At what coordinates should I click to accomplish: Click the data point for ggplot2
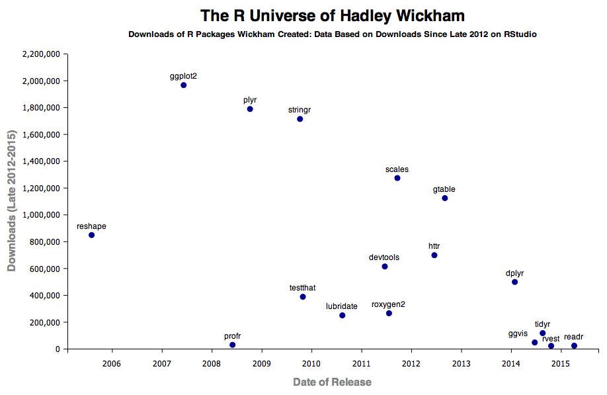(183, 85)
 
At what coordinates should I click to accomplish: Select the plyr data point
(250, 109)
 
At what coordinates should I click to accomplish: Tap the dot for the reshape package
(91, 235)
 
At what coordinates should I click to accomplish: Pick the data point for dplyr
(514, 282)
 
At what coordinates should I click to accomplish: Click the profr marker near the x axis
(232, 345)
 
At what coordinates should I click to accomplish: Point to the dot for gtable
(444, 198)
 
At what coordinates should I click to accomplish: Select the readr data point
(574, 345)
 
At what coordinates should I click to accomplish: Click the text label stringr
(300, 110)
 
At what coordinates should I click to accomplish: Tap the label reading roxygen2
(388, 304)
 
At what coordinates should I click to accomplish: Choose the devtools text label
(384, 257)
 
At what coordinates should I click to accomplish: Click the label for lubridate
(342, 306)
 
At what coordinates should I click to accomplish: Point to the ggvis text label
(518, 333)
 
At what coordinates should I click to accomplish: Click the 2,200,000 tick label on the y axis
(42, 54)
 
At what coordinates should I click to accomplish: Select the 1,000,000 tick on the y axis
(42, 215)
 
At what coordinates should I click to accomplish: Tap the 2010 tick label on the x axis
(311, 363)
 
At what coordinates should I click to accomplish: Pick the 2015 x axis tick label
(560, 363)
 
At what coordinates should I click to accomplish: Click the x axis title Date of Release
(332, 382)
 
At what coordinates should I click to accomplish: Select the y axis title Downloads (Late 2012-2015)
(11, 201)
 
